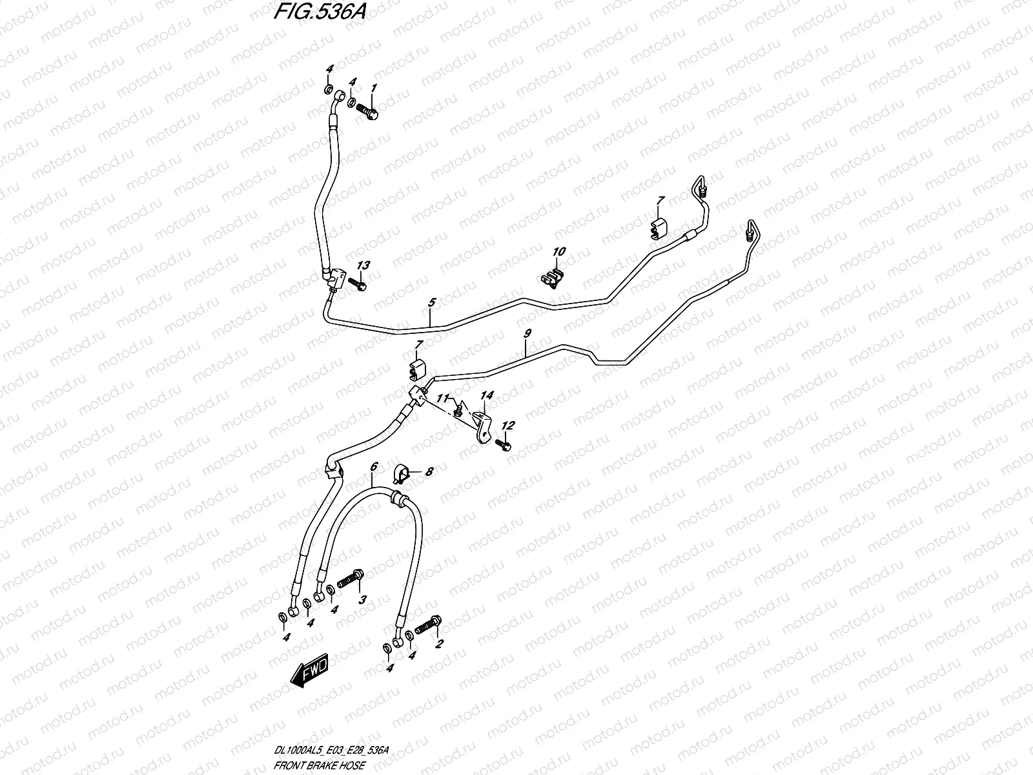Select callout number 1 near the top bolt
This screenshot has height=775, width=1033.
[373, 87]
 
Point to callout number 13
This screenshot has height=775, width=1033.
[363, 265]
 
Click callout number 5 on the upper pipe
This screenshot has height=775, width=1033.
[431, 302]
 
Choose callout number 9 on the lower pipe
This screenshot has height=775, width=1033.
[527, 333]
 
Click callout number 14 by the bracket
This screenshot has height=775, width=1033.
[486, 395]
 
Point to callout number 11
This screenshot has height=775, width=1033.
[444, 399]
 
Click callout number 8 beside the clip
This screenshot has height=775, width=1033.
[429, 472]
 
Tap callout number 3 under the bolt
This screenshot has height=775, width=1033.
[362, 600]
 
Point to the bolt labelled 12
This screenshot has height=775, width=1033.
[504, 445]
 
